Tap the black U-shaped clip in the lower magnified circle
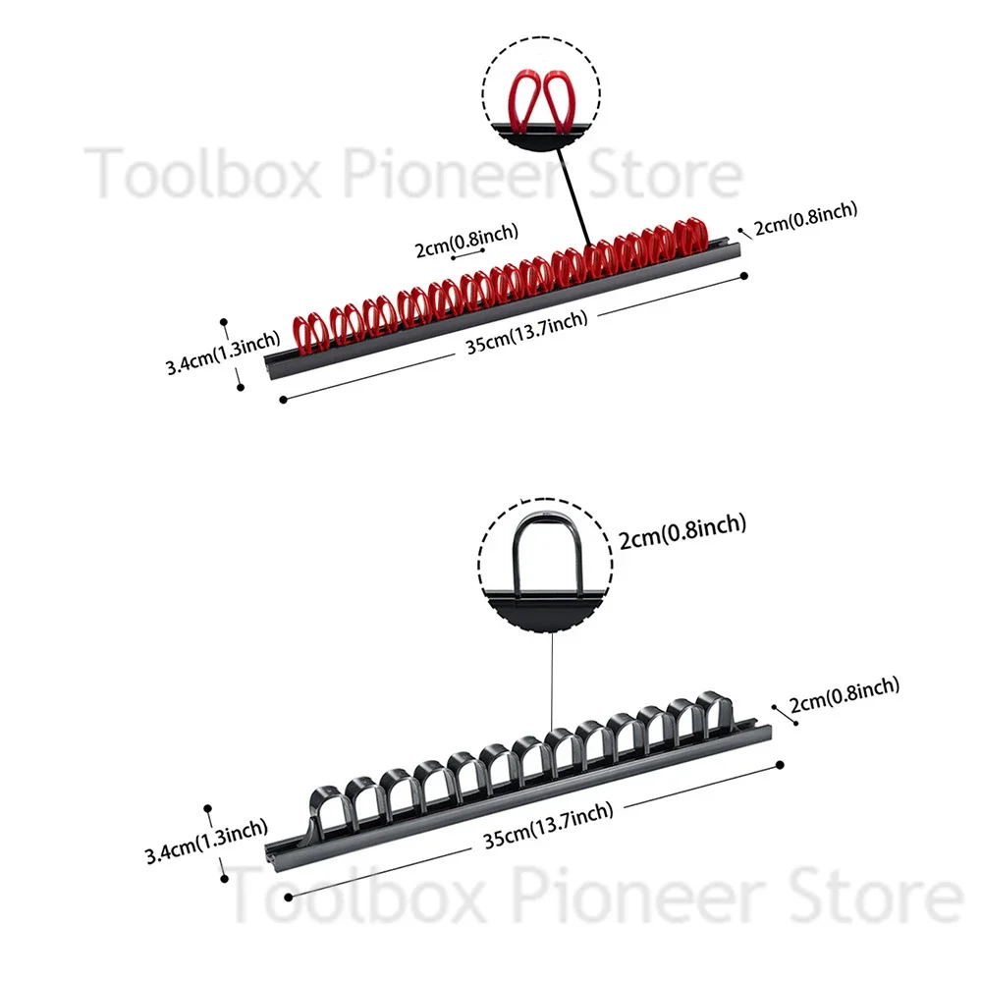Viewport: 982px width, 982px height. pos(543,555)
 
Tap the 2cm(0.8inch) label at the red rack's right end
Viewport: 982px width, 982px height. pos(805,218)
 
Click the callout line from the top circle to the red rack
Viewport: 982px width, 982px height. pos(575,196)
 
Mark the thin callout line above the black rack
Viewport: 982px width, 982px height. pos(552,678)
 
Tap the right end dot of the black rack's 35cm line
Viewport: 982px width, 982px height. pos(779,764)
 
